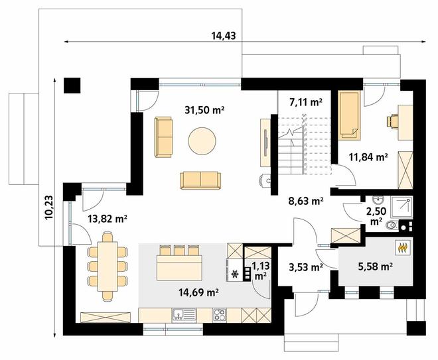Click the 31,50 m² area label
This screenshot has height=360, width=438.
[204, 110]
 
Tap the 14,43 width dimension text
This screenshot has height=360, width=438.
[223, 36]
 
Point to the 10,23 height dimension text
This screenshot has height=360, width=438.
[48, 208]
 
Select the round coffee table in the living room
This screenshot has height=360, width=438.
[202, 141]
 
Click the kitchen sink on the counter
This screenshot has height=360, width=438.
[184, 316]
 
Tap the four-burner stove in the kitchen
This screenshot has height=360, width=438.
[220, 316]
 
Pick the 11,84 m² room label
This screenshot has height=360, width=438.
[368, 157]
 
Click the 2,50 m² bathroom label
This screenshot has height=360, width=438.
[376, 216]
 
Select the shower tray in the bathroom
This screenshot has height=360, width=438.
[402, 208]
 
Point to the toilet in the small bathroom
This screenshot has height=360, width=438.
[392, 225]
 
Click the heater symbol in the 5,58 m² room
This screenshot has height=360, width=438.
[403, 247]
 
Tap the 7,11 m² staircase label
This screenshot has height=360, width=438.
[306, 103]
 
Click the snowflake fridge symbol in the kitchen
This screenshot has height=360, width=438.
[235, 274]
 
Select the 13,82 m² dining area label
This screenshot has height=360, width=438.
[108, 219]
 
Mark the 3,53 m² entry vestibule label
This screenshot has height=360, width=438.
[305, 267]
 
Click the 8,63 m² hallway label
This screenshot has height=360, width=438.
[306, 201]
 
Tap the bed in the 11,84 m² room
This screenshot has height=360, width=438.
[349, 115]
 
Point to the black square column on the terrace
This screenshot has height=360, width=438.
[72, 85]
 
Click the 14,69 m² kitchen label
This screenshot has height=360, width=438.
[198, 292]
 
